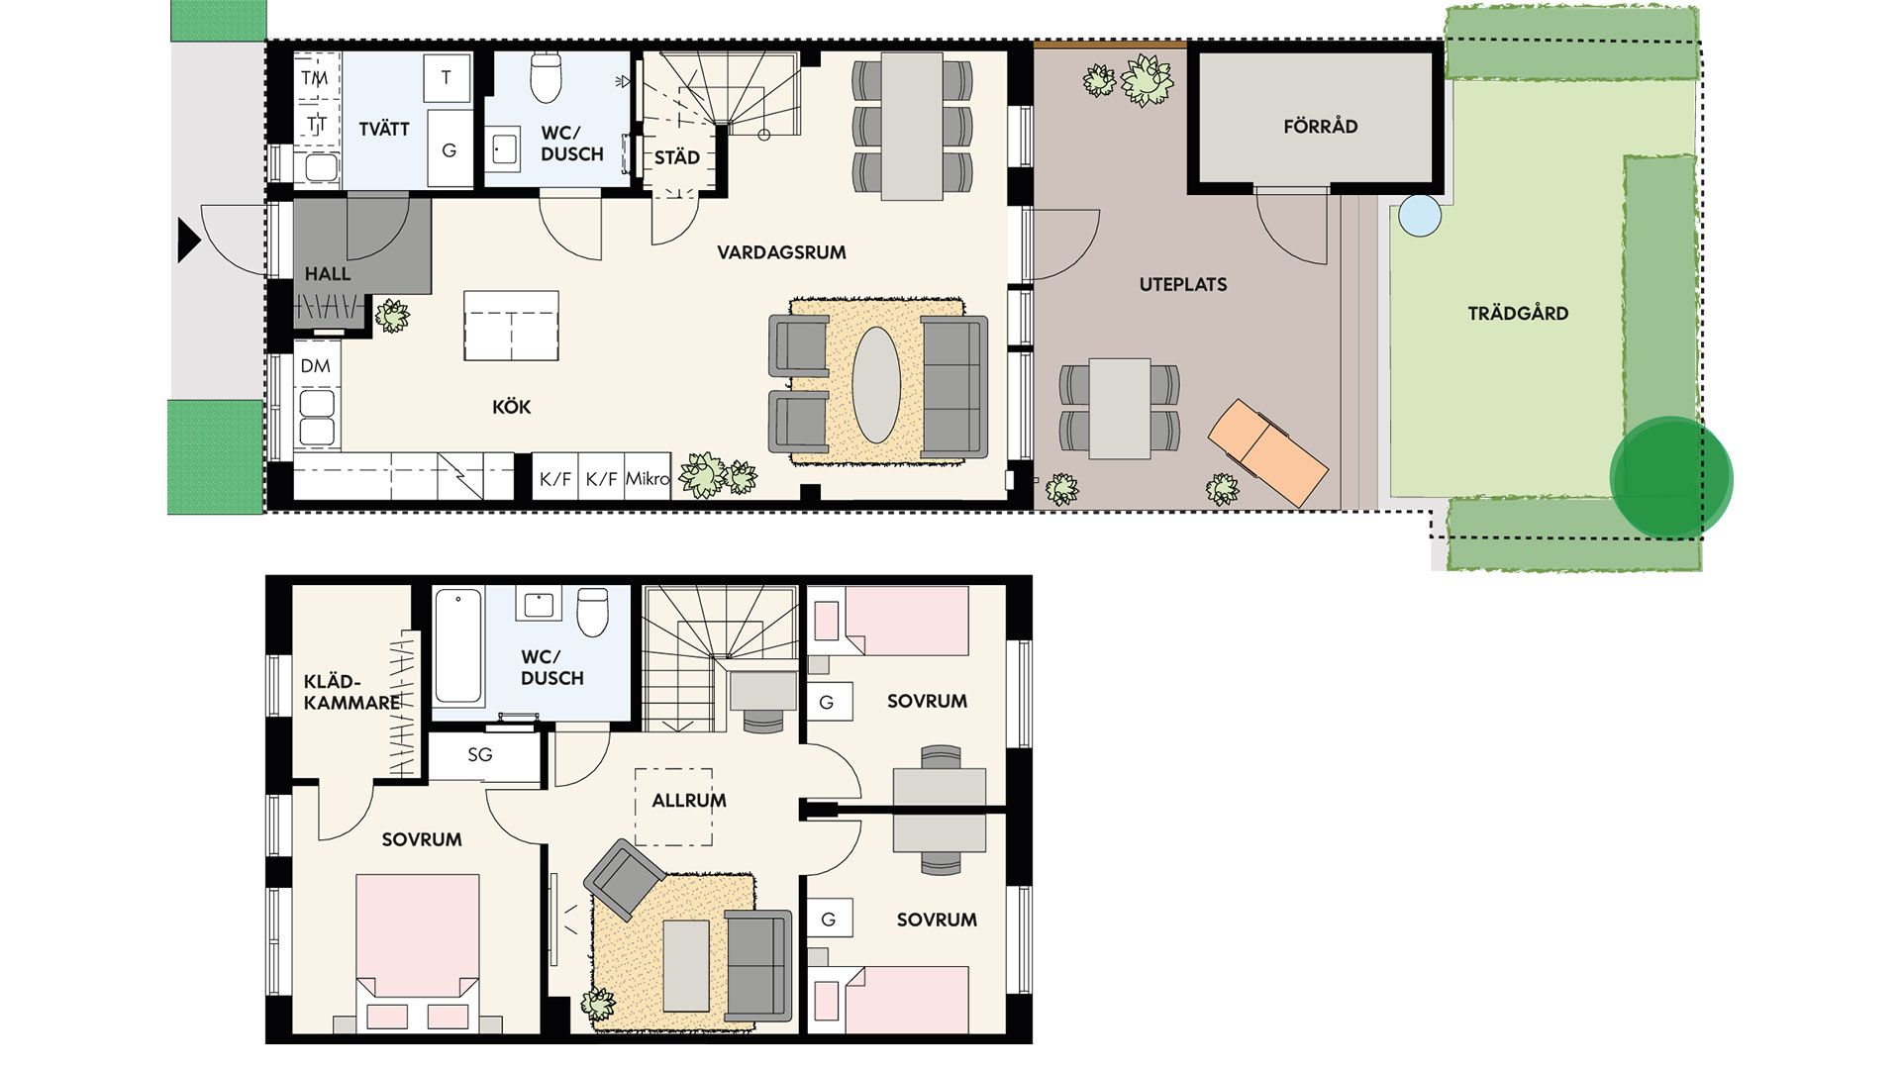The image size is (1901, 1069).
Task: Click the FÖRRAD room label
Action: (1320, 127)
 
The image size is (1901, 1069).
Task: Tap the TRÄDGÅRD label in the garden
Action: (1518, 314)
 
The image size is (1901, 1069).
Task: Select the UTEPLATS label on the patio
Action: (1183, 285)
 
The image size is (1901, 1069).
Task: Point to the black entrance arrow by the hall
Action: (189, 241)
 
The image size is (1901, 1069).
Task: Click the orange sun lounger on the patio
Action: (1267, 453)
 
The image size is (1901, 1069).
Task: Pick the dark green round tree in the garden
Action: (1671, 478)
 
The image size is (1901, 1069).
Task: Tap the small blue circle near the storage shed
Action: (1420, 216)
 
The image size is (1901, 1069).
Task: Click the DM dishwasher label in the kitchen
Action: (316, 366)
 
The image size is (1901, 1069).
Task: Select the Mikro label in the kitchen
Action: (648, 479)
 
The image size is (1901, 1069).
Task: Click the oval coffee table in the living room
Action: (876, 385)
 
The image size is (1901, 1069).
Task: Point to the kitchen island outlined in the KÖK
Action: (511, 326)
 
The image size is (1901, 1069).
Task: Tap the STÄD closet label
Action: (677, 157)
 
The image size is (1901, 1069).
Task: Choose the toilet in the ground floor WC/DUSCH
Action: (547, 76)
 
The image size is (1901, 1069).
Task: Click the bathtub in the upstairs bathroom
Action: (458, 647)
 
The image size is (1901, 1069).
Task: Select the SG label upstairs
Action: (480, 755)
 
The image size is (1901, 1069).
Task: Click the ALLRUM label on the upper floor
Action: (689, 801)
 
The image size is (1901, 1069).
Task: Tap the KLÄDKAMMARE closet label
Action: (352, 692)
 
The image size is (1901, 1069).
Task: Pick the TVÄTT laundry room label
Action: (384, 129)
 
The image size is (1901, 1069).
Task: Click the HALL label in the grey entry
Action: (328, 274)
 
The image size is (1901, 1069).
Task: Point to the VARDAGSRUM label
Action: (782, 252)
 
